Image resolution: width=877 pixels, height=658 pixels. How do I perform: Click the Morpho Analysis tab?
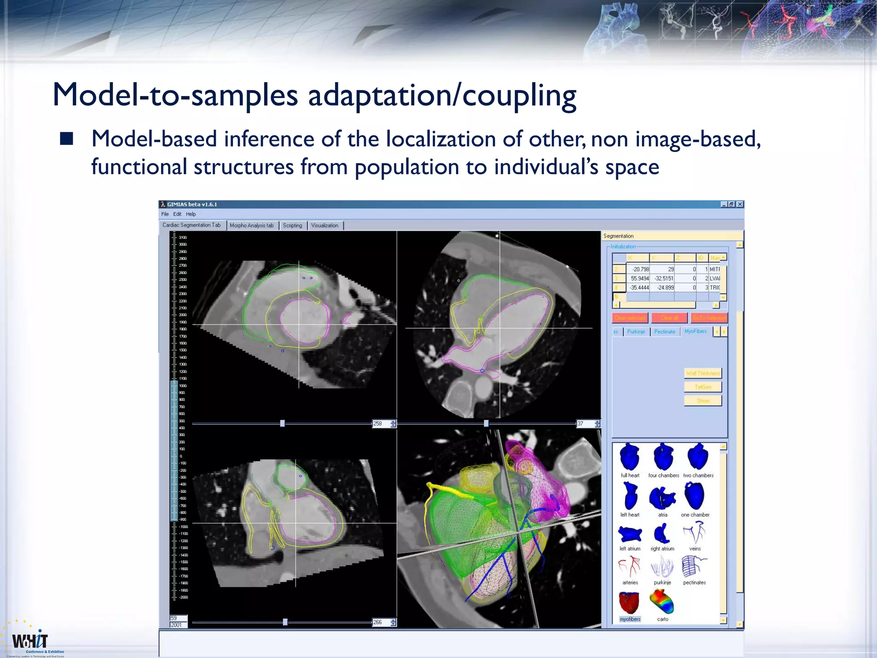(x=251, y=225)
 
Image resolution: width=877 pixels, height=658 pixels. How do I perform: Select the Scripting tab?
(x=292, y=225)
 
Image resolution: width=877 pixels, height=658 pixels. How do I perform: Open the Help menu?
(x=191, y=214)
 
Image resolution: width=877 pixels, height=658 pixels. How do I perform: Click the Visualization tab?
(x=325, y=225)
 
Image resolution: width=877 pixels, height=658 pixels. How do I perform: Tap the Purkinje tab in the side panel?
(x=636, y=332)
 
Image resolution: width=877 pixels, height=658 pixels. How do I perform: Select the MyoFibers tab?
(x=695, y=332)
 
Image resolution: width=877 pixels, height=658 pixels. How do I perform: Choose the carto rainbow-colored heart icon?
(x=662, y=601)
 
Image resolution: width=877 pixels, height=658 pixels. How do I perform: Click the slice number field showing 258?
(x=380, y=424)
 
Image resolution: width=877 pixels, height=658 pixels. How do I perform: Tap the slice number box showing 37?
(x=584, y=424)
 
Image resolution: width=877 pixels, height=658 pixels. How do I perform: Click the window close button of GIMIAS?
(x=740, y=204)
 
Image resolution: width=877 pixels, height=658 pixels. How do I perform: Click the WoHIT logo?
(x=30, y=641)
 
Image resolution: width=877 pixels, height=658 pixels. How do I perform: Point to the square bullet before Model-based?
(x=66, y=139)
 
